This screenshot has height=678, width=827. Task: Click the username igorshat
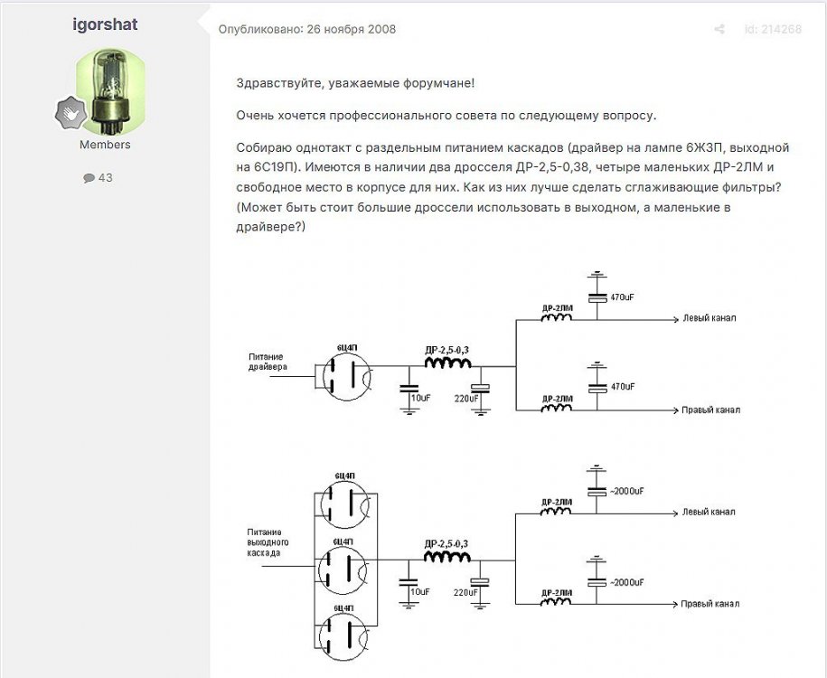point(105,24)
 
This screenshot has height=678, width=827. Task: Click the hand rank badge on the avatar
point(70,113)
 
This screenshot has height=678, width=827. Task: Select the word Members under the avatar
point(105,145)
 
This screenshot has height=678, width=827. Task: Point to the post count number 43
point(105,178)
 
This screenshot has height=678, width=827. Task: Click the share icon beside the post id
point(719,29)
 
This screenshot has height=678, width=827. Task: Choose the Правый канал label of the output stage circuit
point(711,603)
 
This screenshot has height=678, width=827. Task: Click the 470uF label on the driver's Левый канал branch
point(623,297)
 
